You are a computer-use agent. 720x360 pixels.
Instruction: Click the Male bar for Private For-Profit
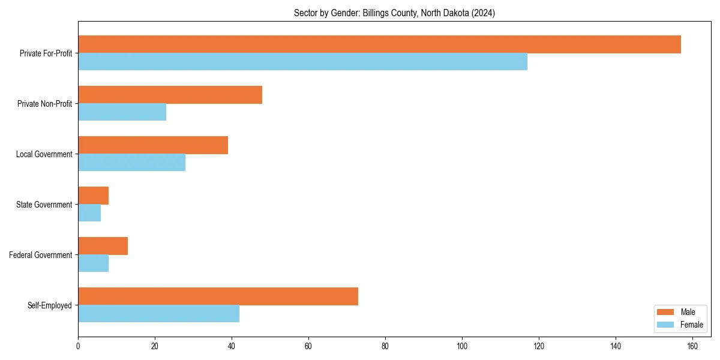tap(379, 44)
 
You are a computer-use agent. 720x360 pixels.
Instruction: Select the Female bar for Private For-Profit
tap(302, 62)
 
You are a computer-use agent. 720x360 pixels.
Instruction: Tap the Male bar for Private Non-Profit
tap(170, 95)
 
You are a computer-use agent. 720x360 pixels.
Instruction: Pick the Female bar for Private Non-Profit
tap(122, 112)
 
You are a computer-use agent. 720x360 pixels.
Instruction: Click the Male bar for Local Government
tap(153, 145)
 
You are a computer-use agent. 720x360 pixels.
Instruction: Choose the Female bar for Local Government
tap(131, 163)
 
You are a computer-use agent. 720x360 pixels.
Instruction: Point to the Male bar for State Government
tap(93, 196)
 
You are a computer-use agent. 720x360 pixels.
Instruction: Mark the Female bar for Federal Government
tap(93, 263)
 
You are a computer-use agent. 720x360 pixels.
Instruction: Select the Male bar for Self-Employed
tap(218, 296)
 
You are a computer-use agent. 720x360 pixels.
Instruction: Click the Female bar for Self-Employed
tap(158, 314)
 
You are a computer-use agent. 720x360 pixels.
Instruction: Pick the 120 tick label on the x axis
tap(539, 346)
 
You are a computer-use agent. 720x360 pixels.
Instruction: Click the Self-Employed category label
tap(50, 305)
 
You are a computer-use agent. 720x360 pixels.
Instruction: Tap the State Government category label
tap(44, 205)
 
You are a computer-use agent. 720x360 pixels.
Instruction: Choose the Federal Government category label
tap(41, 255)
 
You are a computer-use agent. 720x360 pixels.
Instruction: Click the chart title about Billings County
tap(394, 13)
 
